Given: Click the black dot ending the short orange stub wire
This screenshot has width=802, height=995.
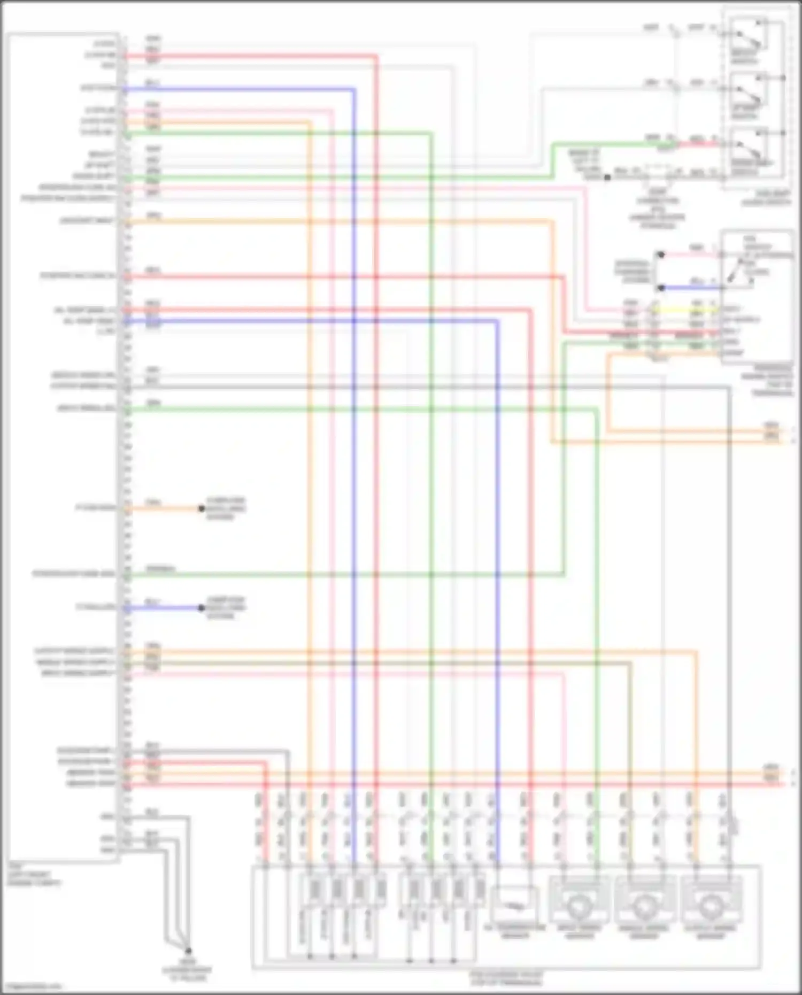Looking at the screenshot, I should pos(202,508).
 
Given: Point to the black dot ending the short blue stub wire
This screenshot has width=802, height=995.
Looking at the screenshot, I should pos(202,608).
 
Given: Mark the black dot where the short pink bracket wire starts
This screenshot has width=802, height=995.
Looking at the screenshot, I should pos(661,254).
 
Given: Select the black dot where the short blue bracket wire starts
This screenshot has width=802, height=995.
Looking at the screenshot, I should pos(661,288).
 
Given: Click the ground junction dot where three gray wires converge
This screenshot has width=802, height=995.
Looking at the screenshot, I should pos(188,951).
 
